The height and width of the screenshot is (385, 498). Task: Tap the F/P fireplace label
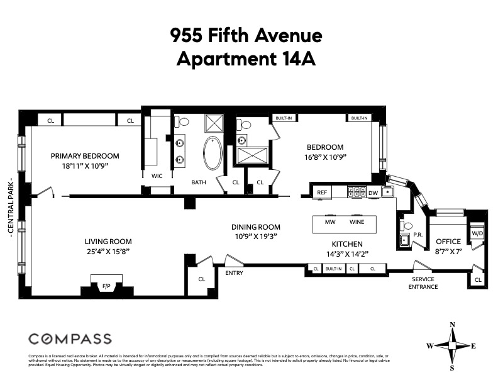pyautogui.click(x=106, y=286)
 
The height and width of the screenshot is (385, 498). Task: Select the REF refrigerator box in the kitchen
pyautogui.click(x=322, y=192)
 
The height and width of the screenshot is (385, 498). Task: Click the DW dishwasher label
pyautogui.click(x=373, y=193)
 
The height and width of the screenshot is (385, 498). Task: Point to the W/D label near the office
pyautogui.click(x=477, y=233)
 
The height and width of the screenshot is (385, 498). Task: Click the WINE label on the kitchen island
pyautogui.click(x=357, y=223)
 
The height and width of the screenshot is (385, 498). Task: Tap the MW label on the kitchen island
pyautogui.click(x=329, y=223)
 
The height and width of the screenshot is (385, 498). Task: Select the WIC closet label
pyautogui.click(x=157, y=176)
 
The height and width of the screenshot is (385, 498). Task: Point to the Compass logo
pyautogui.click(x=70, y=338)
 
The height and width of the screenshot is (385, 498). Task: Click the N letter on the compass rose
pyautogui.click(x=452, y=325)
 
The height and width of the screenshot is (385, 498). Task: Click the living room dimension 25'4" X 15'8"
pyautogui.click(x=108, y=250)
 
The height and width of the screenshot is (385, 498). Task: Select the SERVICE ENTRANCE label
pyautogui.click(x=423, y=282)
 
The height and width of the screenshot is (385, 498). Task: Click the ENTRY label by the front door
pyautogui.click(x=230, y=273)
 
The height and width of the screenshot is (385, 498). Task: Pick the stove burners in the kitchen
pyautogui.click(x=357, y=192)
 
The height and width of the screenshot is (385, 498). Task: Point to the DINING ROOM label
pyautogui.click(x=255, y=227)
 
